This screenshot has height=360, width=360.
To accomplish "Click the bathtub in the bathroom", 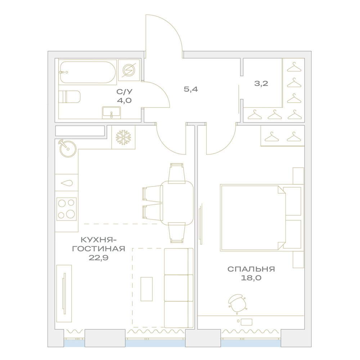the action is click(88, 72).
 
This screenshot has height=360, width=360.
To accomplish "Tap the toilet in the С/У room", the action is click(69, 96).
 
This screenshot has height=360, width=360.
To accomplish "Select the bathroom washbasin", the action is click(111, 112).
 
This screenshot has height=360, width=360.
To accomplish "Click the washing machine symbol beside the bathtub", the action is click(129, 70).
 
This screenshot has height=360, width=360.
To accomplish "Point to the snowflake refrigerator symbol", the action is click(123, 137).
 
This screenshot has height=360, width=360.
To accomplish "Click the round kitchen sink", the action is click(68, 148).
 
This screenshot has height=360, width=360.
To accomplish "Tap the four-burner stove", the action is click(67, 209).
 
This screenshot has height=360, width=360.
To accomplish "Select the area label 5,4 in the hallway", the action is click(191, 89).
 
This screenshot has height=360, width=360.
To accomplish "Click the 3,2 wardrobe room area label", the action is click(261, 84).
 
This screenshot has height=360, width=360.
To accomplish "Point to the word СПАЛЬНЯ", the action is click(251, 269).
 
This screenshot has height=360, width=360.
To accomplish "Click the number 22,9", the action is click(99, 258).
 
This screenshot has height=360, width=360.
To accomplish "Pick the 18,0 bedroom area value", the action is click(251, 278).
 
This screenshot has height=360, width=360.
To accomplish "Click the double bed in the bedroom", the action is click(261, 218).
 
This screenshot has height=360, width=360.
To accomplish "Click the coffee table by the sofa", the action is click(147, 289).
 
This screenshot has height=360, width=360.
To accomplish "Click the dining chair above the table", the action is click(177, 174).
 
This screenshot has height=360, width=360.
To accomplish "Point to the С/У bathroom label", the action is click(125, 92).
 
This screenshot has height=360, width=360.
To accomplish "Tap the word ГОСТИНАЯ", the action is click(99, 249).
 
